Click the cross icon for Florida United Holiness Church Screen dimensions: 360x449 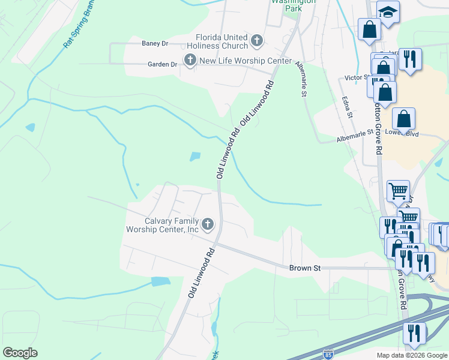pos(257,41)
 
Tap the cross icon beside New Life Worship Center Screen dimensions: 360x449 pos(190,59)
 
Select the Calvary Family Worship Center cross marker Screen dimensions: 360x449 pos(208,224)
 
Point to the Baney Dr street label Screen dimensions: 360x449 pos(155,43)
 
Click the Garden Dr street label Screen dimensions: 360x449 pos(163,64)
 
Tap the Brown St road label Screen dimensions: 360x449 pos(304,268)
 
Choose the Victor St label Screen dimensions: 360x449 pos(356,78)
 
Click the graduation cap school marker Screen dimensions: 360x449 pos(388,13)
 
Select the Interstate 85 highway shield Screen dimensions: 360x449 pos(327,355)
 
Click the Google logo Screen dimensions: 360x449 pos(20,353)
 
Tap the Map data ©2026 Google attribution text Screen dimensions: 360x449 pos(411,355)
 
